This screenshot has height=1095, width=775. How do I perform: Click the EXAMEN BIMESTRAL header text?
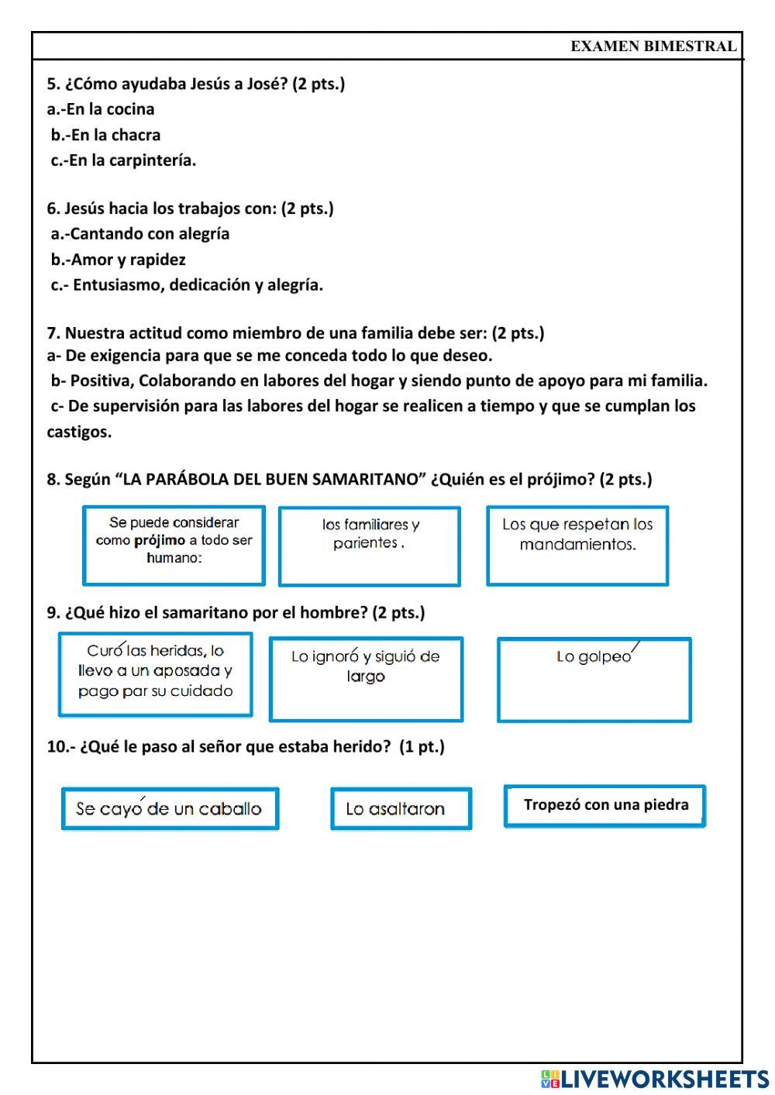tap(653, 46)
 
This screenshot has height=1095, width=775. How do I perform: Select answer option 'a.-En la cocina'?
tap(101, 109)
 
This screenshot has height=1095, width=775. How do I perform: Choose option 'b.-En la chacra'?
tap(106, 135)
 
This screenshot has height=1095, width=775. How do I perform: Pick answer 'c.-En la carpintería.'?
tap(124, 160)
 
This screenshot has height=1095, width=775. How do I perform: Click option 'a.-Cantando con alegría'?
tap(140, 234)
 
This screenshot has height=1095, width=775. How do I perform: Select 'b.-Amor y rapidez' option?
tap(119, 260)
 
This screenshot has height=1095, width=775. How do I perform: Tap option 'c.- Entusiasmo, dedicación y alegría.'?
tap(188, 285)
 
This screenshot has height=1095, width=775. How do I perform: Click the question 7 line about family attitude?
tap(295, 333)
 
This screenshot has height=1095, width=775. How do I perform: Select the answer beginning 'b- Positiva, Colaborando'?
tap(379, 380)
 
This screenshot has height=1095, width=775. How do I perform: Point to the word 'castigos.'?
tap(79, 432)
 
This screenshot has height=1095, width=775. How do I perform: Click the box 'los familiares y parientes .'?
tap(370, 546)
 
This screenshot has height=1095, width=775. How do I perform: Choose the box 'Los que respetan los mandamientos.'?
tap(577, 545)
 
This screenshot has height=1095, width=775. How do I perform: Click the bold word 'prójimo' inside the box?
tap(159, 540)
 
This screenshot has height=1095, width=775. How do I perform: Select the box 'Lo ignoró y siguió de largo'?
tap(366, 679)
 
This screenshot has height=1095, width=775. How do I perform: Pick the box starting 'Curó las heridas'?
tap(155, 673)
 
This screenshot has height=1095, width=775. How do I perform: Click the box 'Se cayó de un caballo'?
tap(170, 809)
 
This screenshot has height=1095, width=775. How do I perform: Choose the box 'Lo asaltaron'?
tap(401, 809)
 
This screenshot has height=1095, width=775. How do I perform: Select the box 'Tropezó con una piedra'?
tap(604, 806)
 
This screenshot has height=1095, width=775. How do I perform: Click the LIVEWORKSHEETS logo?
tap(655, 1079)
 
